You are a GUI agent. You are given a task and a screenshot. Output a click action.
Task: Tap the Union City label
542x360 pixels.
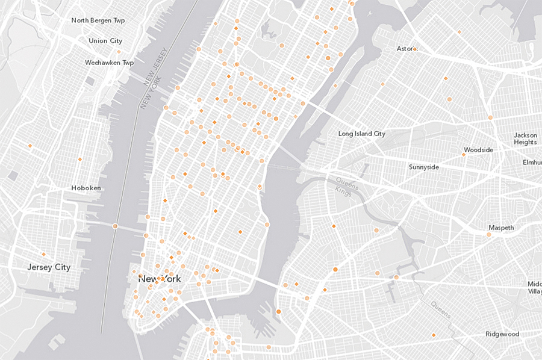point(105,41)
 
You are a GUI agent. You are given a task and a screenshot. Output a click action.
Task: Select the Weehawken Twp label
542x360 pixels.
point(109,63)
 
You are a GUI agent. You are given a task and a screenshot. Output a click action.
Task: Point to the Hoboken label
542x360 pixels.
point(86,188)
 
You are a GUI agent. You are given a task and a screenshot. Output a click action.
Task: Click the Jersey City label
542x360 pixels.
point(49,267)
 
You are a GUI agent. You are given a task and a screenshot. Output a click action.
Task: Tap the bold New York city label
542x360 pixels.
point(160,279)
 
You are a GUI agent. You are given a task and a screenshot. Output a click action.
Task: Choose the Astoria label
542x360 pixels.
point(405,48)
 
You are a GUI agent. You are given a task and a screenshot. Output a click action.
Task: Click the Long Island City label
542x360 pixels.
point(361,134)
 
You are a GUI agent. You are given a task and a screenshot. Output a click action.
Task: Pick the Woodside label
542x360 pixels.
point(479,150)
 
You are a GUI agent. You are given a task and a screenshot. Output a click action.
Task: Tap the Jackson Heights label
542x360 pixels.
point(525,138)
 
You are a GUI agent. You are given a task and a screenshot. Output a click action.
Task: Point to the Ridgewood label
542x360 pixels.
point(503,334)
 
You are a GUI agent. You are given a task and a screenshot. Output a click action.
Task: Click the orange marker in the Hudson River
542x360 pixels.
point(115,226)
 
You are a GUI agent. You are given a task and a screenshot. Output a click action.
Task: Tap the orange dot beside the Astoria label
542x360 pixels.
point(415,48)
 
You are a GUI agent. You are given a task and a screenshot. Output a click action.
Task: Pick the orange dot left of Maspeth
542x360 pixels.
point(489,234)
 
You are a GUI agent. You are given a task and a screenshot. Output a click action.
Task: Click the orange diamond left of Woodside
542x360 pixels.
point(463,155)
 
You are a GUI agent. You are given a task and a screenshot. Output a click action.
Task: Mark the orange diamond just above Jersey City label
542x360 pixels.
point(43,254)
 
